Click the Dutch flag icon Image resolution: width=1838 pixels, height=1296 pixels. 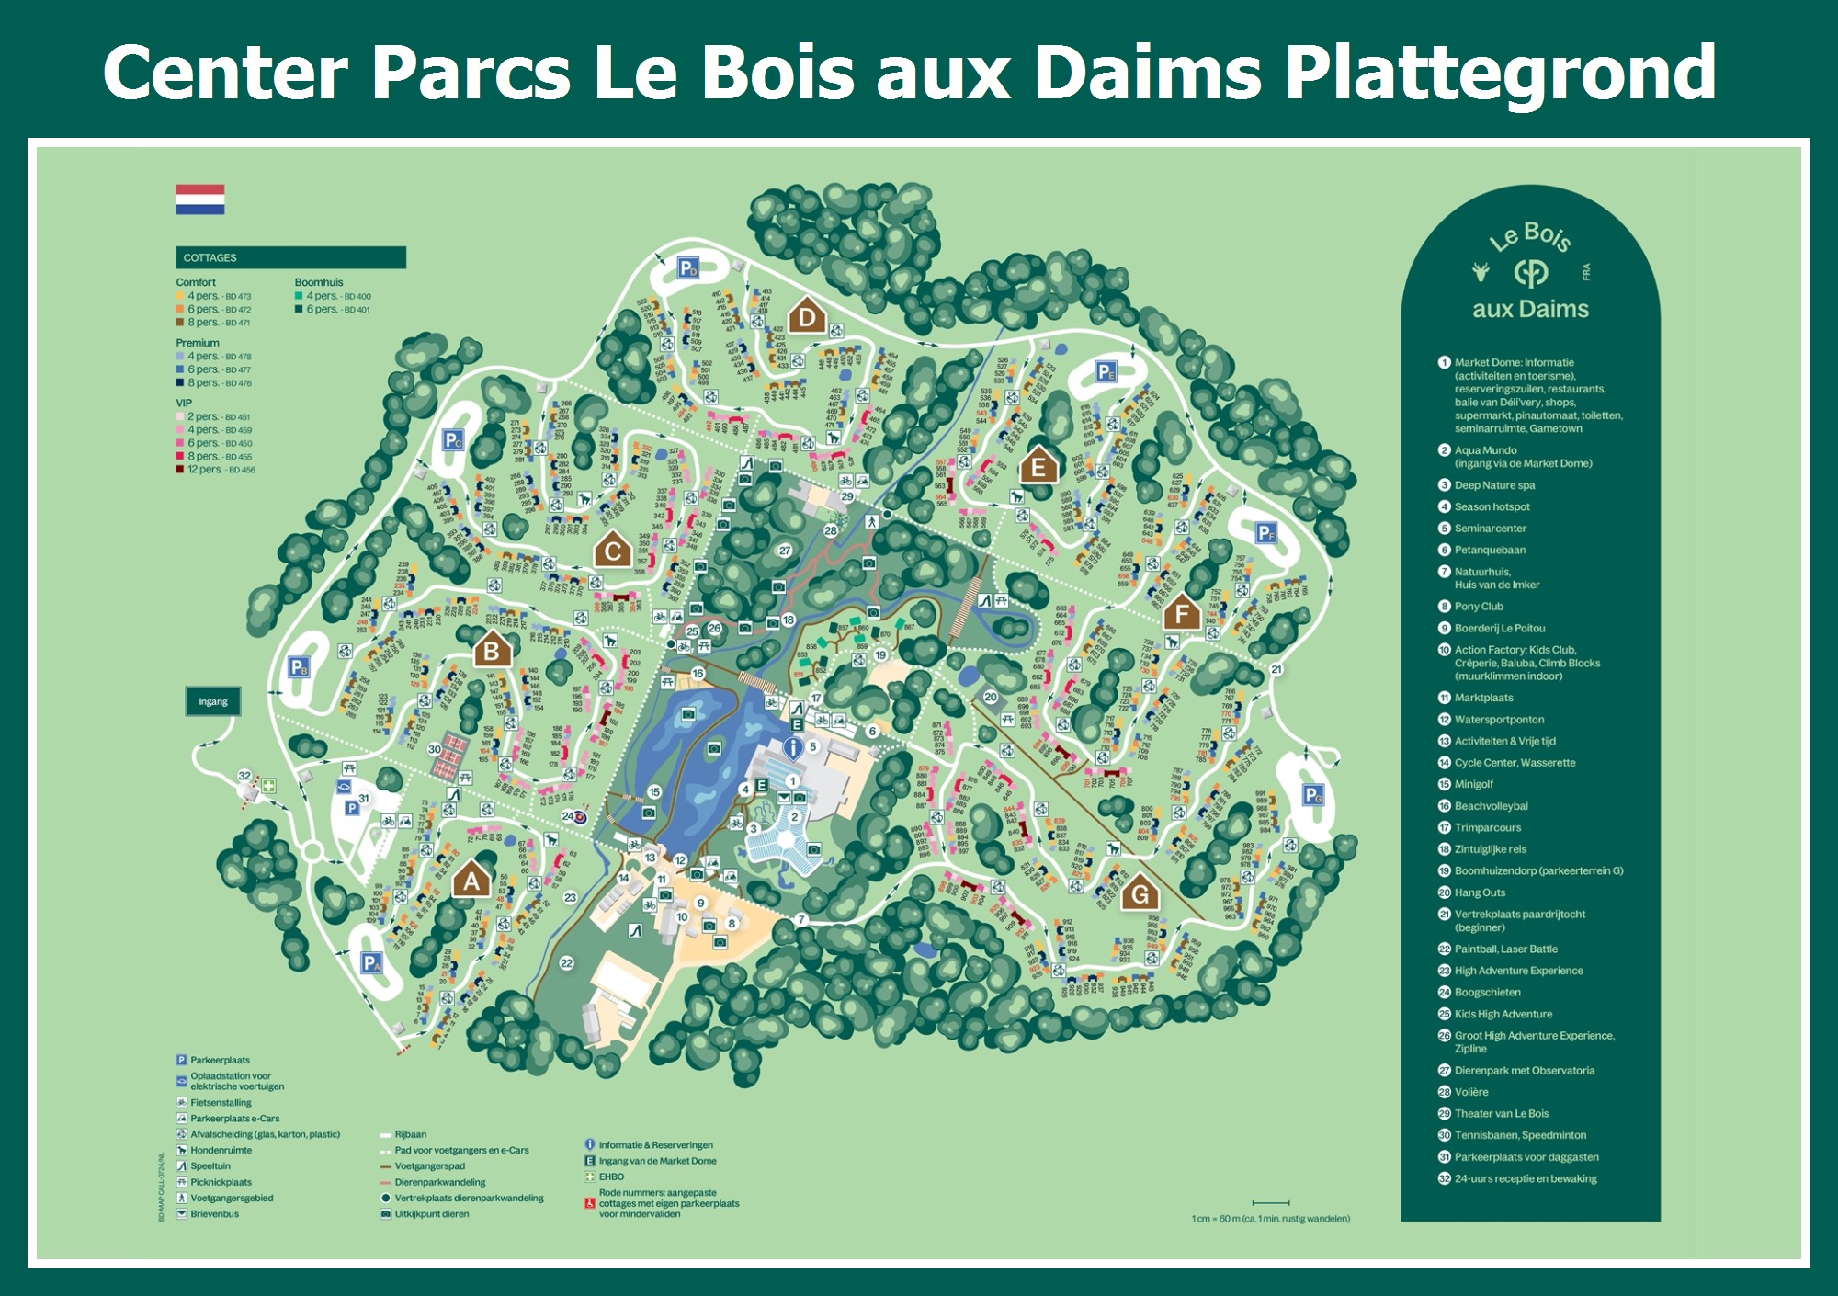tap(200, 199)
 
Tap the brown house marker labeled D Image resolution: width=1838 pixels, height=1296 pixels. tap(807, 317)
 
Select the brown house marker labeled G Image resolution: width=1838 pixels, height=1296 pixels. tap(1140, 893)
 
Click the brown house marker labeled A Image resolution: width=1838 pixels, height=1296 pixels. tap(471, 881)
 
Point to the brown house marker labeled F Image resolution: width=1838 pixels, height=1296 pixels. tap(1182, 613)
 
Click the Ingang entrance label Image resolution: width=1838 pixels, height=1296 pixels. tap(213, 701)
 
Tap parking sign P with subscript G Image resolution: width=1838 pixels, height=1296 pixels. tap(1313, 795)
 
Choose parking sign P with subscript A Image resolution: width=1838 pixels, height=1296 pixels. tap(370, 962)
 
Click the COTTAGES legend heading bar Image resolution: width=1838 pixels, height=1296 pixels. tap(290, 257)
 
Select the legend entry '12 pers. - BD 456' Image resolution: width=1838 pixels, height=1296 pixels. tap(217, 470)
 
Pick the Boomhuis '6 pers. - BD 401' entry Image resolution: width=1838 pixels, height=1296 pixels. tap(333, 310)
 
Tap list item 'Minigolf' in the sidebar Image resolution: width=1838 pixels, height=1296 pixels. tap(1472, 784)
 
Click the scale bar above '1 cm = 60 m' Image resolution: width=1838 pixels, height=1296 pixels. tap(1270, 1202)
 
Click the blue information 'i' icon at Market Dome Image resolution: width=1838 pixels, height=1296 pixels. tap(792, 748)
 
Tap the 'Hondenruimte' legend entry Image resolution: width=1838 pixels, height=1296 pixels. tap(220, 1150)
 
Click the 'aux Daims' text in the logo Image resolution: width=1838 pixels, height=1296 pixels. tap(1530, 309)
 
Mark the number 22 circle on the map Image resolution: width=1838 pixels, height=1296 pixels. tap(567, 962)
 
